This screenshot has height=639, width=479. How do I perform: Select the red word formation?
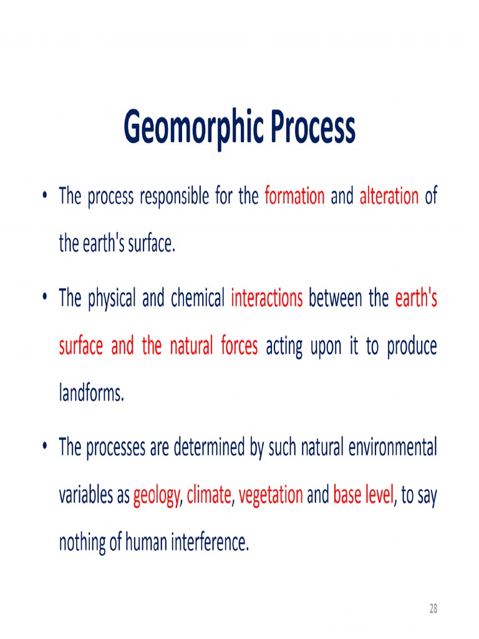click(294, 197)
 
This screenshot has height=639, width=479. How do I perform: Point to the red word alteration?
click(389, 197)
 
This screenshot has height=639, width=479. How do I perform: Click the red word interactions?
click(266, 300)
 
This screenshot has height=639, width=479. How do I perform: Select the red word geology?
click(156, 496)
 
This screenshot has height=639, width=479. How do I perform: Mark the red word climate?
click(209, 495)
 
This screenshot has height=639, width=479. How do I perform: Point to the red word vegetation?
click(271, 495)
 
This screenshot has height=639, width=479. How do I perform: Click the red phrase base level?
click(363, 495)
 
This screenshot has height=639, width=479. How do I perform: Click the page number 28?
click(433, 609)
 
